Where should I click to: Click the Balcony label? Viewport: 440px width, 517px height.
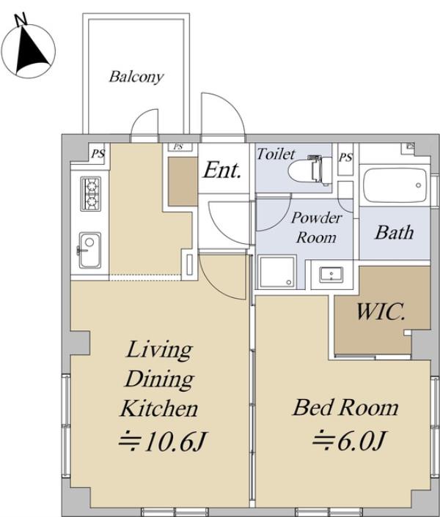click(136, 77)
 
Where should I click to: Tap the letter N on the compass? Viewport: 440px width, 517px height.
click(22, 20)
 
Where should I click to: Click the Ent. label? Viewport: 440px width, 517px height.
click(221, 170)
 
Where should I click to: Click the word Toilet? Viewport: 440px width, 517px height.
click(276, 154)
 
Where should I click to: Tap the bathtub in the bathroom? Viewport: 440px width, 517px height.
click(395, 185)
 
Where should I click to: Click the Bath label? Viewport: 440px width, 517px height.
click(395, 232)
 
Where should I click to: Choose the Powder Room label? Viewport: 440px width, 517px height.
click(316, 228)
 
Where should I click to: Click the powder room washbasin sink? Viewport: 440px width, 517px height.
click(331, 275)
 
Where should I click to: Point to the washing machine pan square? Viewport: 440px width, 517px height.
click(277, 272)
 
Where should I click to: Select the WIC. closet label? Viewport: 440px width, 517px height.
click(381, 311)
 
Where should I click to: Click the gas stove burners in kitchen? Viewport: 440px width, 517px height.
click(91, 193)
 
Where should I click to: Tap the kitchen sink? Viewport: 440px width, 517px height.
click(89, 250)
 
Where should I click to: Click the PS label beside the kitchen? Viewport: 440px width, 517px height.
click(98, 154)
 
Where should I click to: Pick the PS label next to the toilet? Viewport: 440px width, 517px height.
click(345, 157)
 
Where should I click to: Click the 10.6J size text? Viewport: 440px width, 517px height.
click(163, 441)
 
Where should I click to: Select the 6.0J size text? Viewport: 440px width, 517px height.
click(349, 440)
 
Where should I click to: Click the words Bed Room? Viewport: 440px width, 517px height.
click(345, 408)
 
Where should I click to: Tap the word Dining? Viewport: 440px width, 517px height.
click(159, 379)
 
